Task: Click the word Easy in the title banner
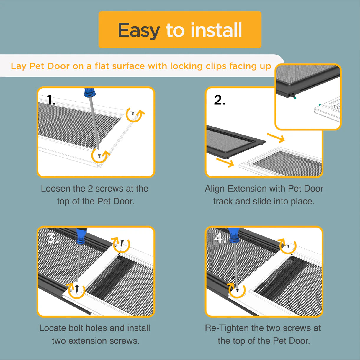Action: pos(139,30)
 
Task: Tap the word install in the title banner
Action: pos(216,30)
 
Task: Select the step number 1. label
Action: pos(51,100)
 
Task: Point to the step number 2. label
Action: pos(220,100)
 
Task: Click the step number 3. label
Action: pos(52,238)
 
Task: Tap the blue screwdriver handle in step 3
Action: pos(81,236)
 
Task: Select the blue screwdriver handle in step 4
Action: pos(234,235)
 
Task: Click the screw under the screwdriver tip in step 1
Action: pos(99,156)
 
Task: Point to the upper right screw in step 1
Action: pos(133,113)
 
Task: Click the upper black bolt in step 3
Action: pos(122,243)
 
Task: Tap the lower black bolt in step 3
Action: pos(77,289)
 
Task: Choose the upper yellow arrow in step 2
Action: pos(276,138)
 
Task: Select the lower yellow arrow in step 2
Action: pos(225,162)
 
